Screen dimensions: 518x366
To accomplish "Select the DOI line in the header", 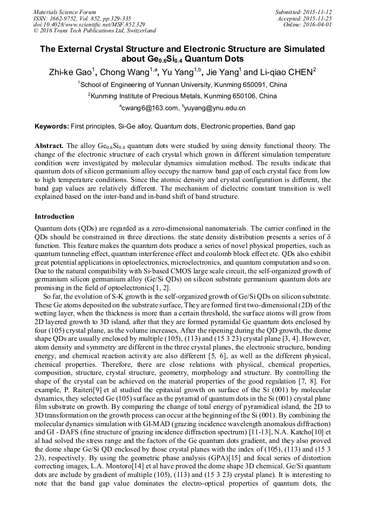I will pyautogui.click(x=89, y=25).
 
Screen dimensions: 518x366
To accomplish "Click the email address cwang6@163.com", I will pyautogui.click(x=151, y=108).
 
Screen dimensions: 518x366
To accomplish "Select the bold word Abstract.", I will pyautogui.click(x=49, y=146).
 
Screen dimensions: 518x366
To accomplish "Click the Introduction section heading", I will pyautogui.click(x=55, y=217).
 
